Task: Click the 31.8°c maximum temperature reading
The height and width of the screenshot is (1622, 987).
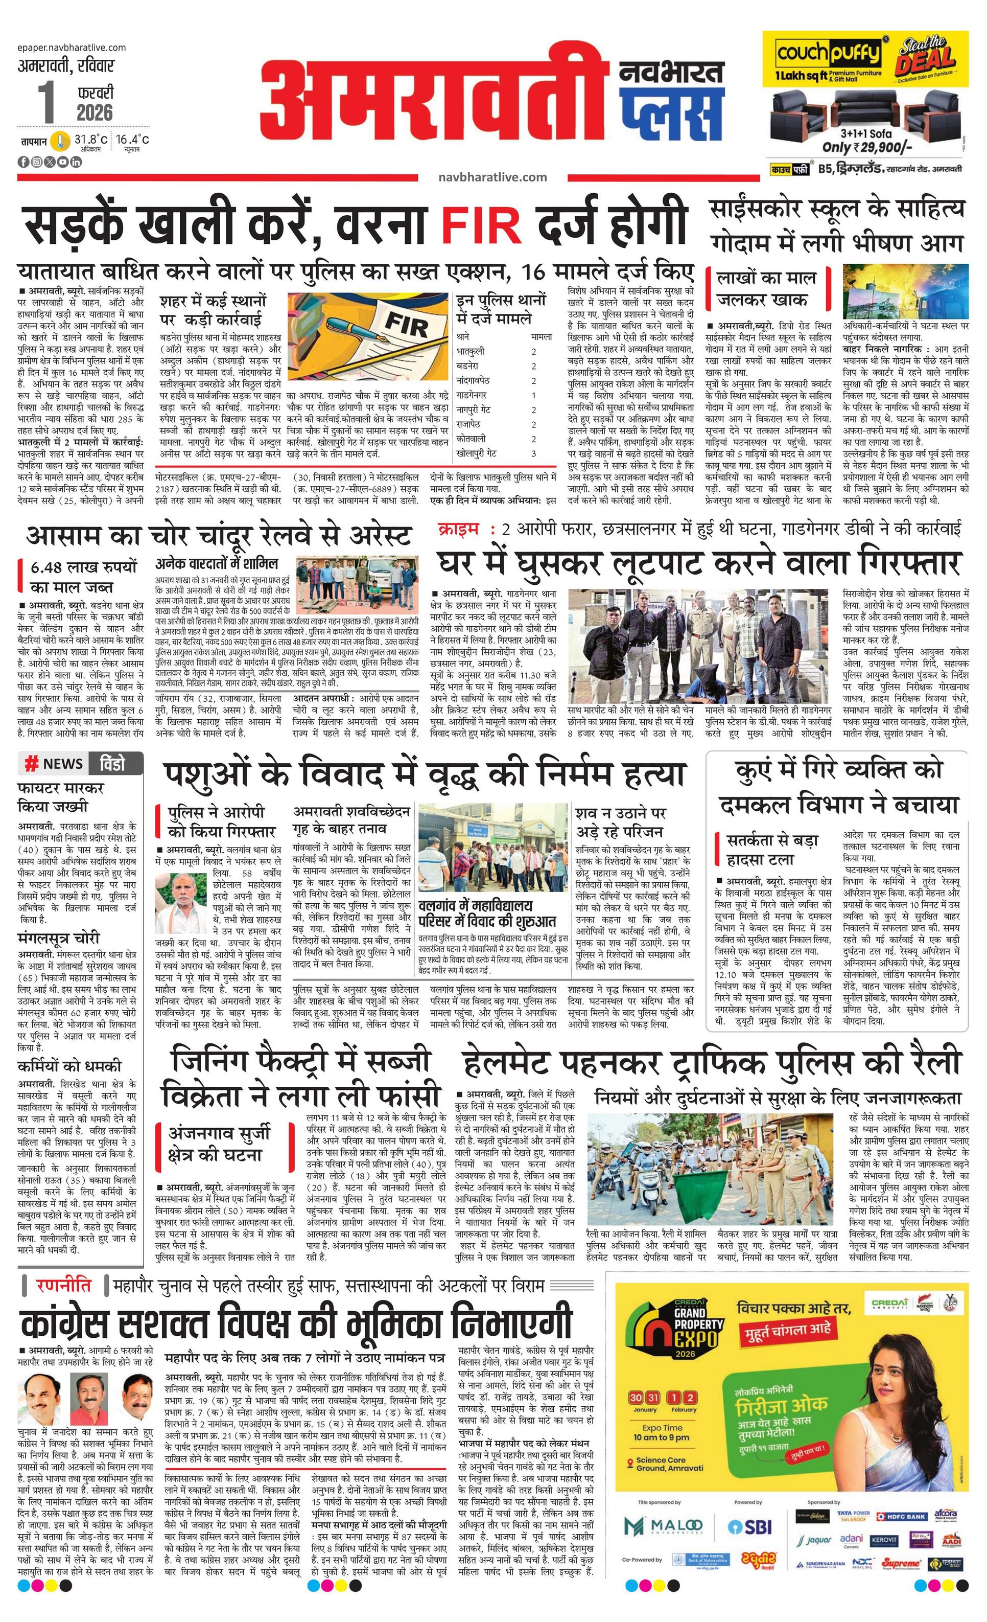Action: tap(90, 139)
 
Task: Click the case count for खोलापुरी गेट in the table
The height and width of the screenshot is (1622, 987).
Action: tap(534, 453)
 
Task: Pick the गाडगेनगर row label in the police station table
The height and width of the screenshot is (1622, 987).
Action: tap(472, 395)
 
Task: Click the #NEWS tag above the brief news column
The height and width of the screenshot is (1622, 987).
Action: tap(54, 764)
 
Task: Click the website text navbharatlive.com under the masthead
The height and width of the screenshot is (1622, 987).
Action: tap(492, 176)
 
